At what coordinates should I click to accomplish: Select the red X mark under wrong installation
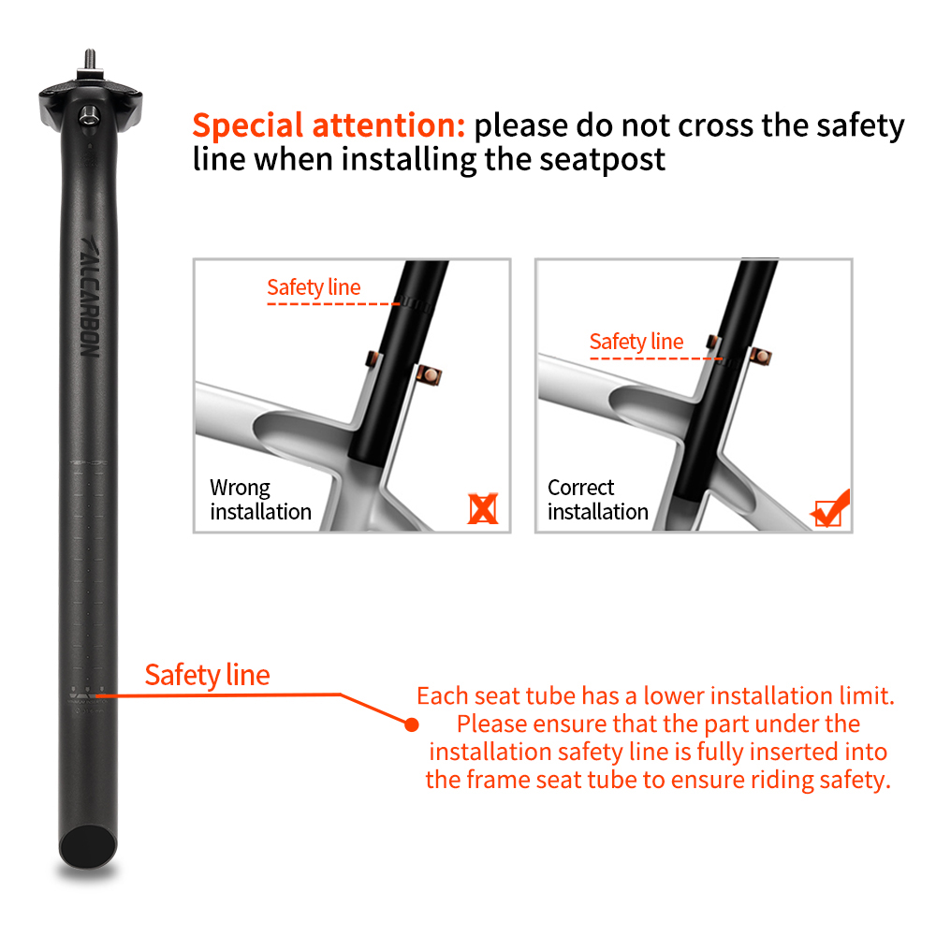[x=483, y=508]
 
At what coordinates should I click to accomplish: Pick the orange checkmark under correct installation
[x=830, y=508]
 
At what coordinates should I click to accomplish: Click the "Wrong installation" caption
[x=260, y=500]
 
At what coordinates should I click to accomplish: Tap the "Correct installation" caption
[x=598, y=500]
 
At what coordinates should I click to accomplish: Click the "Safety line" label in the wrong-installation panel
[x=313, y=287]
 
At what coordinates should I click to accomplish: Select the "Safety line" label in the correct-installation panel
[x=636, y=342]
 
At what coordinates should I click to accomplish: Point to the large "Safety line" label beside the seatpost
[x=207, y=675]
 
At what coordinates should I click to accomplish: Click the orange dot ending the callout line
[x=410, y=724]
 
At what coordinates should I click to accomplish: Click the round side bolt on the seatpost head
[x=88, y=114]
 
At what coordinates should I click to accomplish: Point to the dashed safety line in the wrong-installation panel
[x=333, y=303]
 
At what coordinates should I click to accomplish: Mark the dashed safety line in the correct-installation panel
[x=655, y=358]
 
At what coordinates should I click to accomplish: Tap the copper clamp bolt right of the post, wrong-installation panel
[x=430, y=375]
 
